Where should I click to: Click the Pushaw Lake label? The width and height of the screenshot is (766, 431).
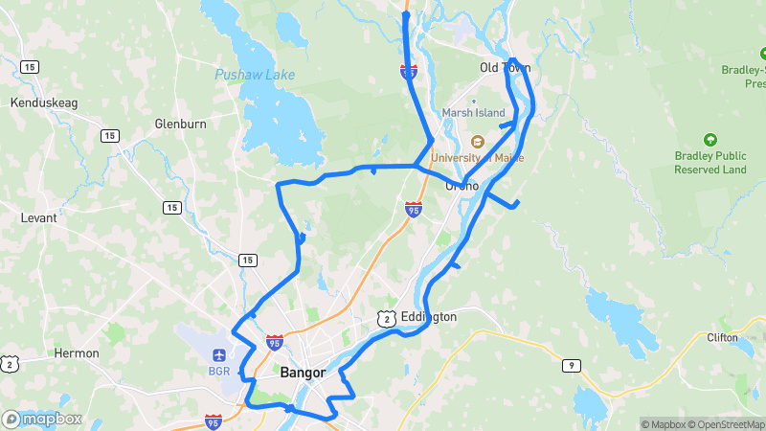click(x=254, y=74)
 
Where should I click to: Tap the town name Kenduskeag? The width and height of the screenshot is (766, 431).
click(x=36, y=102)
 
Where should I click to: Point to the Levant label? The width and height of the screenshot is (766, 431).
click(x=38, y=217)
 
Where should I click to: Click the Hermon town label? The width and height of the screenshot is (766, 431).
click(x=77, y=353)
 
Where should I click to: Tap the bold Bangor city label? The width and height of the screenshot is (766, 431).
click(x=303, y=373)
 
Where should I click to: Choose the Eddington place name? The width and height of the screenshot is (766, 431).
click(x=429, y=316)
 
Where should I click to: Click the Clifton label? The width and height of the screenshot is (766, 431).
click(x=722, y=337)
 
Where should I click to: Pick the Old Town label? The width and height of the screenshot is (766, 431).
click(x=504, y=68)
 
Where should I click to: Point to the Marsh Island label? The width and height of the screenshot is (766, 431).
click(x=473, y=113)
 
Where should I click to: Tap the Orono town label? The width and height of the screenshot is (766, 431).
click(x=462, y=186)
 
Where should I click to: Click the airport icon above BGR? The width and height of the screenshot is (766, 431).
click(x=219, y=355)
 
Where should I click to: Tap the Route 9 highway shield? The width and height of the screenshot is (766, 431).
click(x=572, y=365)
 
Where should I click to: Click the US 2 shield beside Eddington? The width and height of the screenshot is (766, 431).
click(x=385, y=317)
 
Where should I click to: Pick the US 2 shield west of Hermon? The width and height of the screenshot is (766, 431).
click(x=9, y=363)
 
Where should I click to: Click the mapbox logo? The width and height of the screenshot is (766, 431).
click(x=42, y=419)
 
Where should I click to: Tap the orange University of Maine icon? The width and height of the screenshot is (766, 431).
click(x=477, y=141)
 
